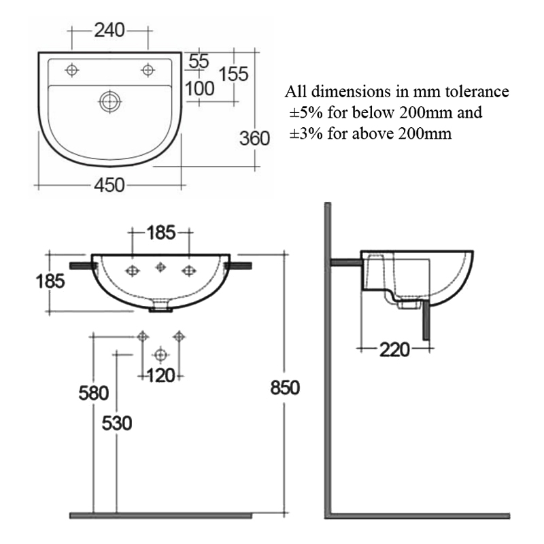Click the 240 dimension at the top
(x=109, y=30)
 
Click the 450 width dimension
(x=109, y=185)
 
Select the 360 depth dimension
(x=255, y=138)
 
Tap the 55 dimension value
(x=199, y=61)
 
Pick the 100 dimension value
(x=200, y=88)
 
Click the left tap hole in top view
(x=72, y=69)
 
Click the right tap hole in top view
(x=147, y=69)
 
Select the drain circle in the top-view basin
(x=109, y=101)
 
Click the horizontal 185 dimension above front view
(x=161, y=233)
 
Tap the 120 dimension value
(x=161, y=375)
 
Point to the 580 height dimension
(x=93, y=392)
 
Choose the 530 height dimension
(x=117, y=423)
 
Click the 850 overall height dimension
(x=284, y=388)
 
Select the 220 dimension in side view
(x=394, y=350)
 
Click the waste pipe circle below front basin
(x=160, y=354)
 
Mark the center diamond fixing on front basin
(x=161, y=265)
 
